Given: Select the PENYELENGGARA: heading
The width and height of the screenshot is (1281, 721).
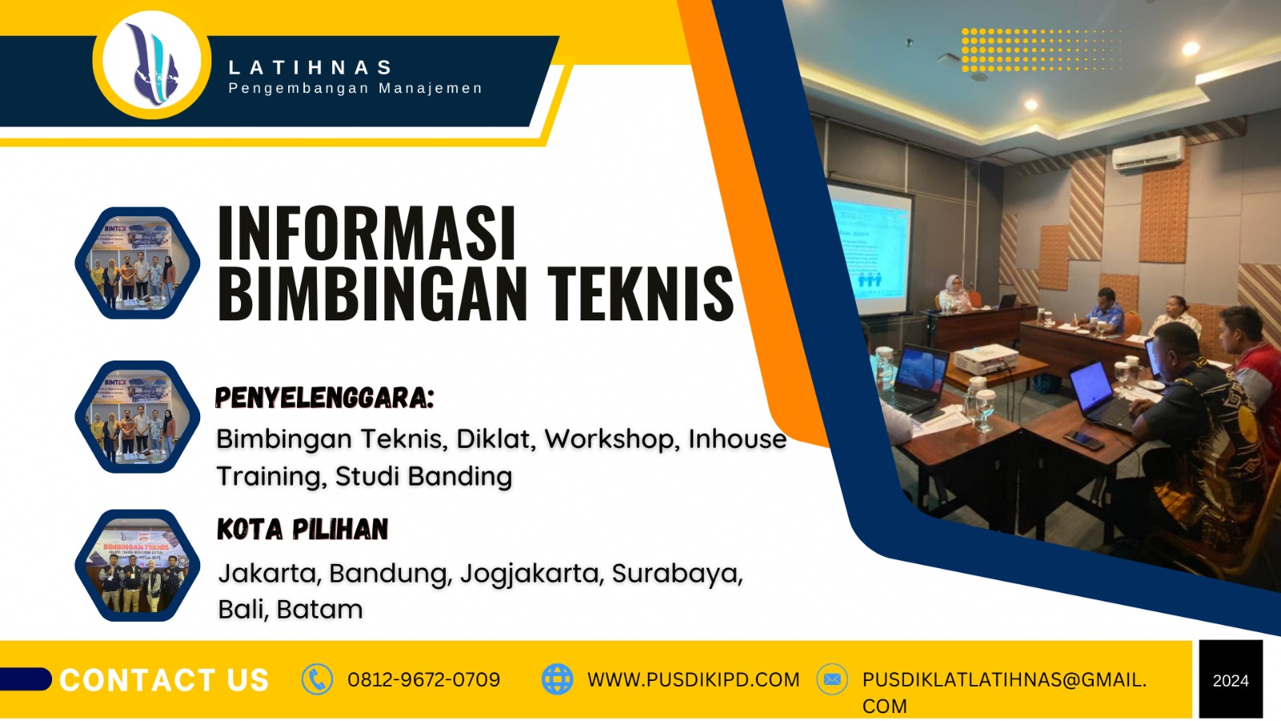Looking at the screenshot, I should pos(324,397).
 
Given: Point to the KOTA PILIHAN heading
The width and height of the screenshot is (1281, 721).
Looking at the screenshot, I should pos(302,530).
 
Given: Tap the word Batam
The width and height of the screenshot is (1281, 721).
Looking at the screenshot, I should pos(319,610).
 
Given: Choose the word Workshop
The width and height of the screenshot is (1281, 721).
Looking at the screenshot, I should pos(612,439).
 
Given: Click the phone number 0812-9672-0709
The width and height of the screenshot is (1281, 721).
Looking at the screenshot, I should pos(424,680).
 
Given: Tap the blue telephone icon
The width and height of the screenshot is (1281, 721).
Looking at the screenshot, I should pos(317,679).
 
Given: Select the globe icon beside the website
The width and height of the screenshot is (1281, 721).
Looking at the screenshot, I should pos(557,679).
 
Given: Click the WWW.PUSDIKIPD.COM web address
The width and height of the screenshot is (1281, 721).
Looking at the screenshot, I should pos(693,680).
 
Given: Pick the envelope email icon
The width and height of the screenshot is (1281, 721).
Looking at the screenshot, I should pos(832,679).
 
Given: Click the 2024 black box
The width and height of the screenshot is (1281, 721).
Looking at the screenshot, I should pos(1231,680).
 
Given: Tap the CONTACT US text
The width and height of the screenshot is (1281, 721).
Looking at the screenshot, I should pos(164,680).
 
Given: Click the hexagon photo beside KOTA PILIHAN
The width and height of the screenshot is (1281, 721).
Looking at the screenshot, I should pos(138,566).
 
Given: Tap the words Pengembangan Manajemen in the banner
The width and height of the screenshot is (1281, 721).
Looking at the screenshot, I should pos(355,88).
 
